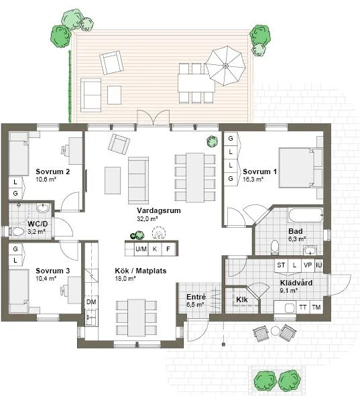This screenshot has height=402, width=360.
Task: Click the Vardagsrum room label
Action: (159, 210)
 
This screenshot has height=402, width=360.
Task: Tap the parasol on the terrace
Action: (225, 66)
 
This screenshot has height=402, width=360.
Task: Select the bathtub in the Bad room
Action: (305, 215)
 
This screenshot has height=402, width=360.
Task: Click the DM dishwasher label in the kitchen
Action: (91, 302)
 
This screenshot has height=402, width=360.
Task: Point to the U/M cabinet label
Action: (141, 249)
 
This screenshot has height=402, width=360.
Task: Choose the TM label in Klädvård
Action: (316, 307)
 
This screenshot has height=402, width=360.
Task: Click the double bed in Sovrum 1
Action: (301, 167)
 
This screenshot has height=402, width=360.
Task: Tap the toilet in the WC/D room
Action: (17, 232)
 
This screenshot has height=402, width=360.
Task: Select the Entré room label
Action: (196, 297)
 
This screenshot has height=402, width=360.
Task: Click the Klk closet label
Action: (242, 299)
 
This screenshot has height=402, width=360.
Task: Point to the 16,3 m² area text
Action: (253, 179)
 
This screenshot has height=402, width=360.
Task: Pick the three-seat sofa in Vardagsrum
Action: (138, 180)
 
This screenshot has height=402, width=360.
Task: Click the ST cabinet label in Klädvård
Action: (281, 265)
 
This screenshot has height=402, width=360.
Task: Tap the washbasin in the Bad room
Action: (310, 251)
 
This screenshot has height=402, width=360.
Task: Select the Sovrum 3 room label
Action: (52, 271)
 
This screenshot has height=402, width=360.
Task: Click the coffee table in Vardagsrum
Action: (113, 180)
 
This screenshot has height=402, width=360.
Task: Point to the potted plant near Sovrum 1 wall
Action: (213, 141)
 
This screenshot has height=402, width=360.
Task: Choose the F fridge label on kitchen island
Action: (168, 249)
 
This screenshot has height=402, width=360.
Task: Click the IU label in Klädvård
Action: (318, 265)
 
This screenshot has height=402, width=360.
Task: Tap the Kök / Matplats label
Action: (141, 271)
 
